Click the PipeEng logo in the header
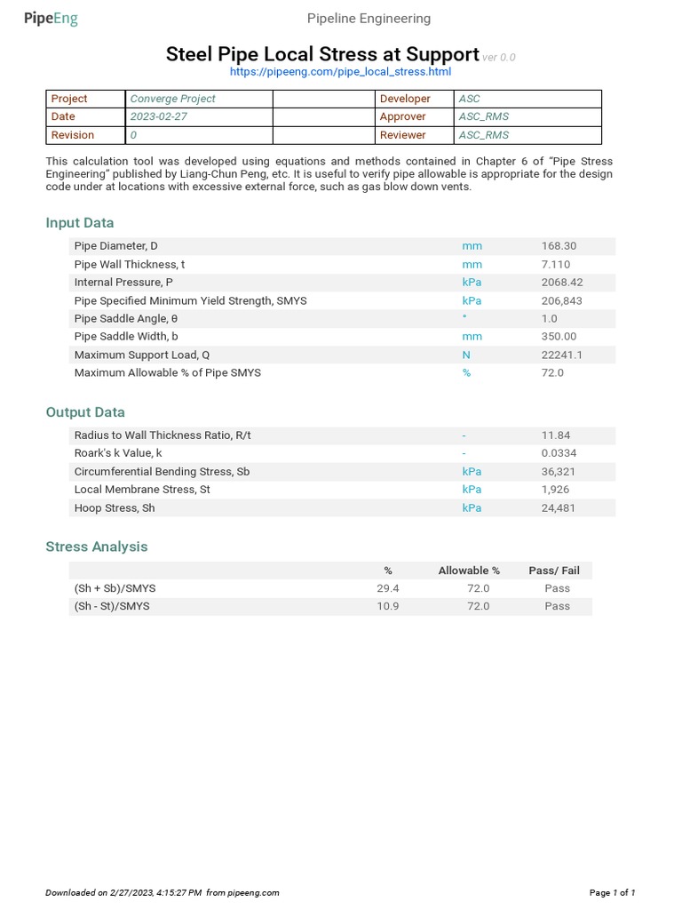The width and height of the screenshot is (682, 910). point(51,19)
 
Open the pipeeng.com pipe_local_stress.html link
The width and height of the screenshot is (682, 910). point(340,72)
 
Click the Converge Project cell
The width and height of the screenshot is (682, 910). point(173,99)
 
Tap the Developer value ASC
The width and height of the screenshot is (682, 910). point(469,99)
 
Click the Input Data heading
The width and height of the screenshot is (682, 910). point(80,223)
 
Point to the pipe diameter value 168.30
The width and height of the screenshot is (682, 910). point(559,246)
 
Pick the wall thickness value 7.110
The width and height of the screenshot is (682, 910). point(556,265)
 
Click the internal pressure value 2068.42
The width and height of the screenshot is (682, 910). point(562,283)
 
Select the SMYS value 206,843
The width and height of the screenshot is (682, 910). point(562,301)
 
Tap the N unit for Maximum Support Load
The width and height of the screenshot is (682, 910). point(466,355)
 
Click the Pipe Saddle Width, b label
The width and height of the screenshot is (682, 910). point(126,337)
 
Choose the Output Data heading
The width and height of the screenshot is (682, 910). point(85,412)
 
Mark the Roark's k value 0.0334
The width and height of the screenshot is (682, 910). point(559,453)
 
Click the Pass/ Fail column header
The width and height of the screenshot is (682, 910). point(554,571)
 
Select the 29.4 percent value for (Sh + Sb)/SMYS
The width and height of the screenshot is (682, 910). point(388,588)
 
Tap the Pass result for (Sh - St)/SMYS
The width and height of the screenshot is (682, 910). point(558,606)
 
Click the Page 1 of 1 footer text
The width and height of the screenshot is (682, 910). point(613,892)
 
